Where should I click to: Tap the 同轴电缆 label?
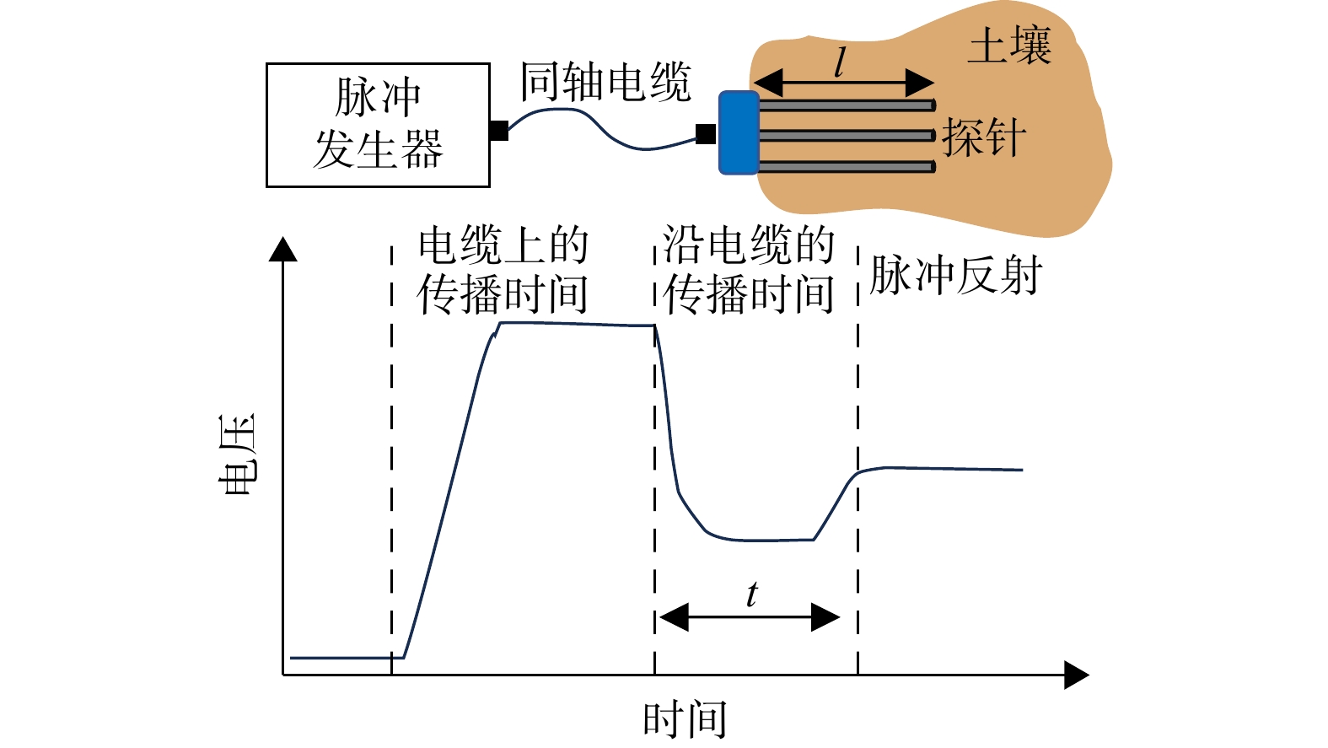[x=605, y=82]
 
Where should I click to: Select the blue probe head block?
[x=739, y=132]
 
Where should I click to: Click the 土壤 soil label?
[x=1009, y=45]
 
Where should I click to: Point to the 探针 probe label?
[x=984, y=137]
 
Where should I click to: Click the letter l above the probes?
[x=839, y=62]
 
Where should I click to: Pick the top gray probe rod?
[x=847, y=105]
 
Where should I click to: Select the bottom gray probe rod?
[x=847, y=167]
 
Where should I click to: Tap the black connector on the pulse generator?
[x=499, y=131]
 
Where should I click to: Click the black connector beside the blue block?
[x=706, y=134]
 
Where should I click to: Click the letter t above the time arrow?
[x=752, y=595]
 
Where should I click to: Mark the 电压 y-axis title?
[x=237, y=455]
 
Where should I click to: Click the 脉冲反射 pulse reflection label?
[x=955, y=275]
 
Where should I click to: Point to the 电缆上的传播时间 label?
[x=503, y=270]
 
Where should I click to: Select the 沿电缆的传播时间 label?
[x=749, y=270]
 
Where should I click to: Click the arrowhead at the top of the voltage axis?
[x=282, y=248]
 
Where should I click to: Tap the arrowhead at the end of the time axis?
[x=1077, y=675]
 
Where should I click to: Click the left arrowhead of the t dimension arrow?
[x=674, y=617]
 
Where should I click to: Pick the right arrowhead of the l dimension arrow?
[x=921, y=83]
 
